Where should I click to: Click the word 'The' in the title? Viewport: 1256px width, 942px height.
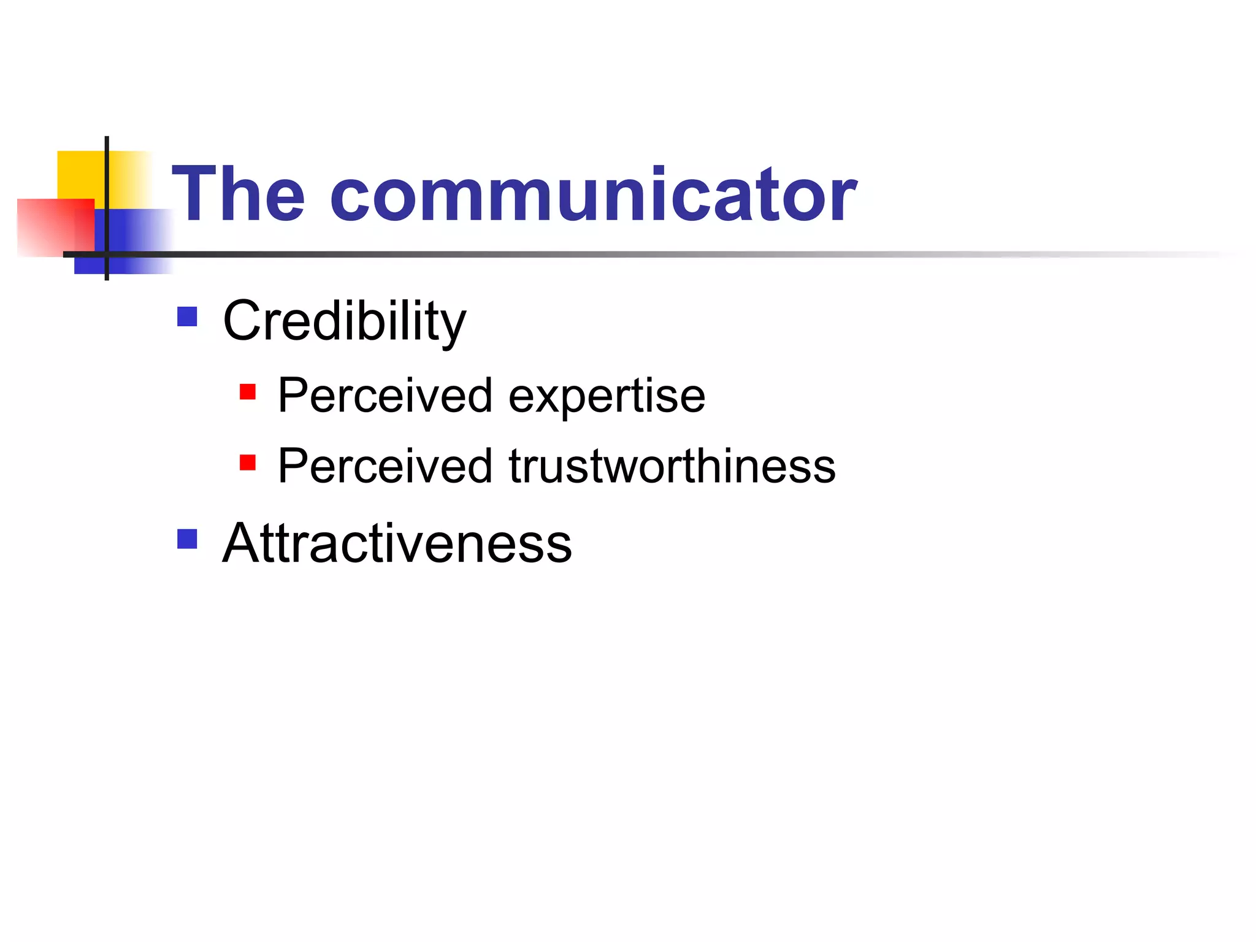click(x=238, y=195)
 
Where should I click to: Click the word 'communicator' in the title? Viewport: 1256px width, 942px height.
click(x=593, y=195)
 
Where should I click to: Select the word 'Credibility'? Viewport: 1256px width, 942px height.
click(x=344, y=321)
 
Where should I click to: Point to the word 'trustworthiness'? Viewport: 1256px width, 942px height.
click(x=672, y=466)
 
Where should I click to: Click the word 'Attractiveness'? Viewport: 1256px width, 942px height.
click(x=397, y=543)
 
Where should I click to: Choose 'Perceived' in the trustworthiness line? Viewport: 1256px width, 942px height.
click(x=385, y=466)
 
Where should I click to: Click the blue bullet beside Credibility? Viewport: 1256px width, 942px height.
click(x=187, y=317)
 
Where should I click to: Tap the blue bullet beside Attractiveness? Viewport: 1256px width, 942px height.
click(x=187, y=539)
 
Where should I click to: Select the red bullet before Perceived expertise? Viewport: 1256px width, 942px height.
click(x=248, y=392)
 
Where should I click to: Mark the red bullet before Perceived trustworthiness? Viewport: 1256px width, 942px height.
click(x=248, y=462)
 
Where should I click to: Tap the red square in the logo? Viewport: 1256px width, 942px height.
click(x=49, y=227)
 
